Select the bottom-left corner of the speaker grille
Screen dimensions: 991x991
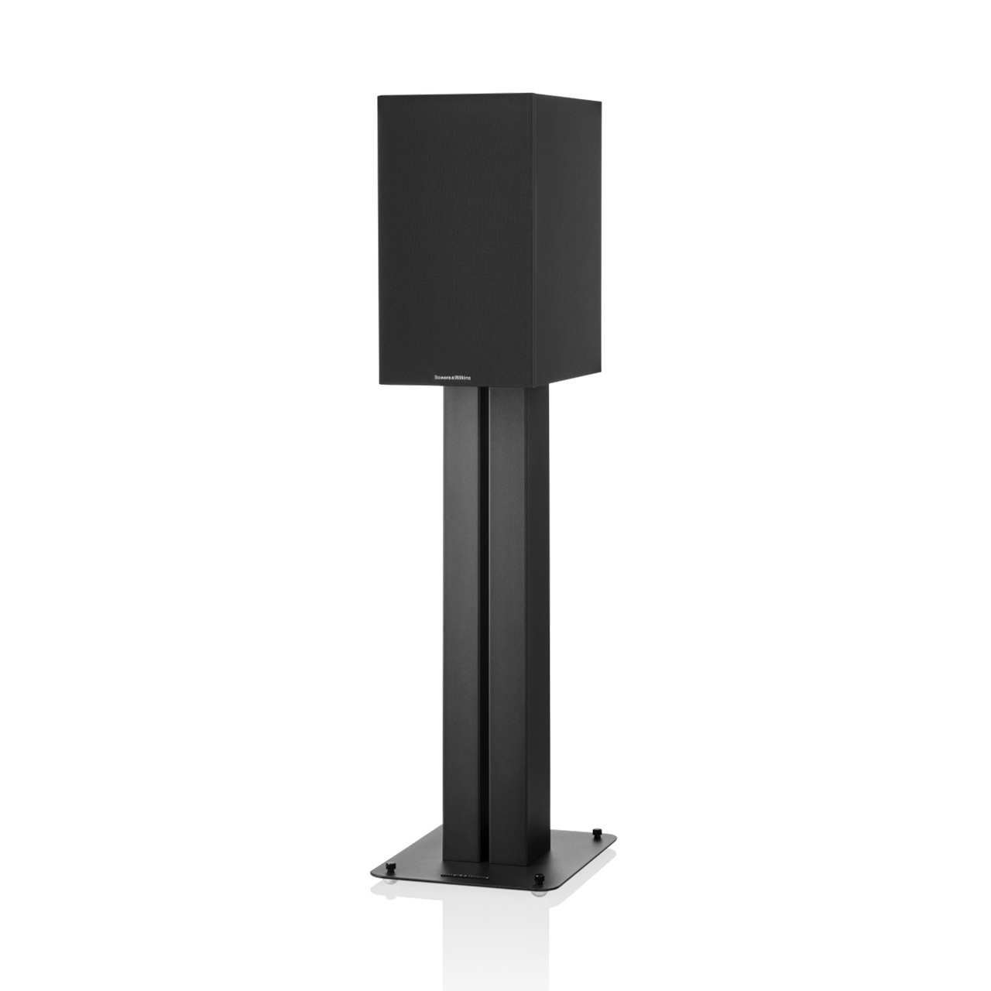point(378,385)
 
